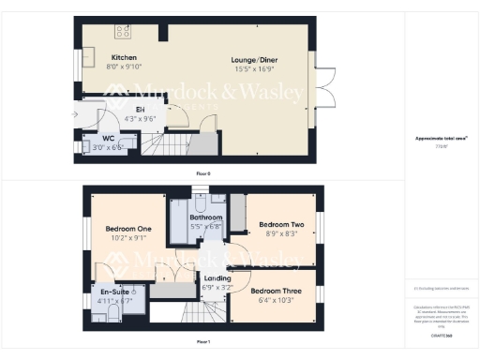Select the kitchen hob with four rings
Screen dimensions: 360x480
(x=122, y=33)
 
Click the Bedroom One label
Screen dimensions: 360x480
(x=128, y=229)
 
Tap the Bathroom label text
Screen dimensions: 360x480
(x=206, y=217)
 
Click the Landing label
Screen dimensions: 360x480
(x=217, y=278)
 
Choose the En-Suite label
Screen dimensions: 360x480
(x=116, y=292)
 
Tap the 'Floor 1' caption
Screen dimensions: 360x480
(x=202, y=341)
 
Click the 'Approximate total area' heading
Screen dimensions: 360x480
(x=442, y=138)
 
